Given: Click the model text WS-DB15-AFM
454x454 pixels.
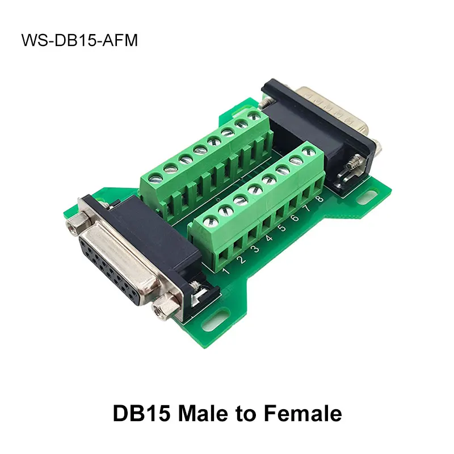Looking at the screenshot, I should [x=79, y=41].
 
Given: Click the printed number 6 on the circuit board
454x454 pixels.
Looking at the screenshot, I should [x=295, y=217].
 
